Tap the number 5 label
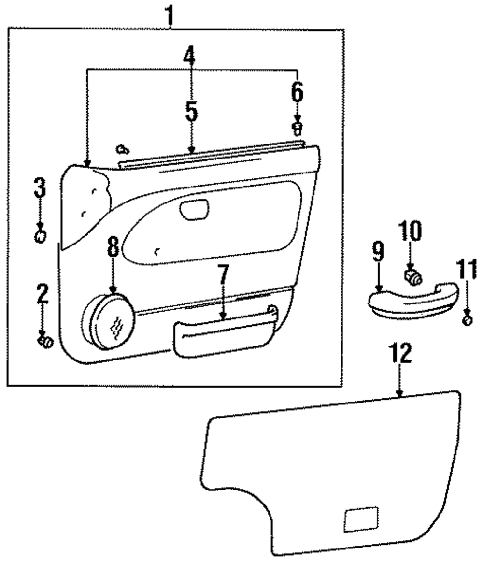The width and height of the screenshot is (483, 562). (x=191, y=112)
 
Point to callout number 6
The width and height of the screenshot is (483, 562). (x=297, y=90)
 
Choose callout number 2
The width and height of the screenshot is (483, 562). (x=43, y=294)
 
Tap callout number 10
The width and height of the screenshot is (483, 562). (x=410, y=231)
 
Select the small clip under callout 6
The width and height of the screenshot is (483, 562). (x=298, y=128)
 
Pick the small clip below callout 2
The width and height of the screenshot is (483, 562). (x=45, y=341)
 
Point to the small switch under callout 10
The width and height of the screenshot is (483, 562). (x=412, y=277)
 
